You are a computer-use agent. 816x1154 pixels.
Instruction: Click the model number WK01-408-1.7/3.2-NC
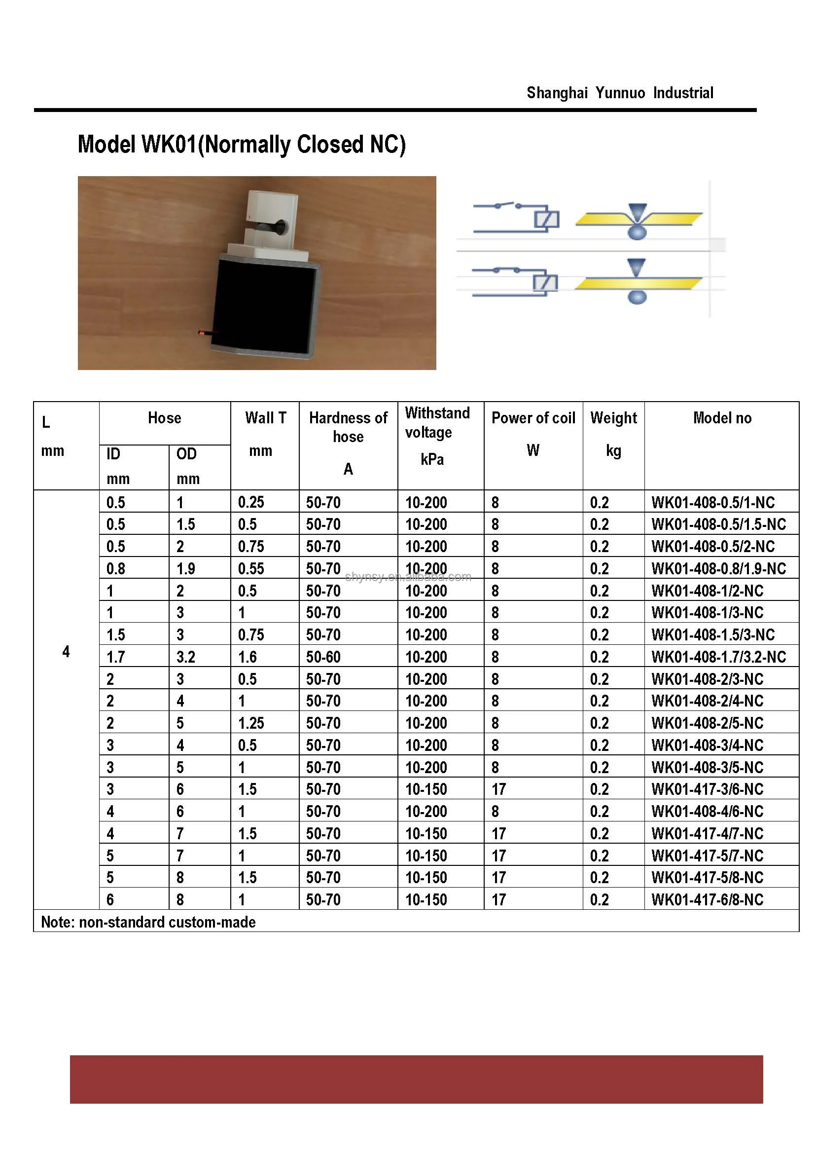[718, 657]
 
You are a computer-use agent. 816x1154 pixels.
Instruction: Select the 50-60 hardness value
[323, 657]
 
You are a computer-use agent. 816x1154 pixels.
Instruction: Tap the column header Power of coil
[533, 418]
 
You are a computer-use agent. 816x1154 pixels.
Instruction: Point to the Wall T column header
[265, 418]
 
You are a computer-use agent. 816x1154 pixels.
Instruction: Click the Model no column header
[722, 418]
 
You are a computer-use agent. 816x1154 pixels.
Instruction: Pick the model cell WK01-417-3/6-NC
[708, 789]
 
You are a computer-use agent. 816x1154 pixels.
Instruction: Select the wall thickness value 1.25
[251, 723]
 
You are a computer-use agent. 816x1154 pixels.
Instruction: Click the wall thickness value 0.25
[251, 502]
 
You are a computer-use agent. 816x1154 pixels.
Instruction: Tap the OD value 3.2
[186, 657]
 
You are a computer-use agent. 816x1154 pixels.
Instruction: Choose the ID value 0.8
[115, 569]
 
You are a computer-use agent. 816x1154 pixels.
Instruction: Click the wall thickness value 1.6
[247, 657]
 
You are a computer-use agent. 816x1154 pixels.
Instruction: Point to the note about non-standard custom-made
[148, 922]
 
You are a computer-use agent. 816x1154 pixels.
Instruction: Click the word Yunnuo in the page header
[620, 93]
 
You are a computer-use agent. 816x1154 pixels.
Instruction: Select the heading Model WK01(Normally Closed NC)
[242, 145]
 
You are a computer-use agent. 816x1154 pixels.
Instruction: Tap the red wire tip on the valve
[202, 333]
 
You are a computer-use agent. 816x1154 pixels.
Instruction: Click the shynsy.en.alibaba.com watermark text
[408, 577]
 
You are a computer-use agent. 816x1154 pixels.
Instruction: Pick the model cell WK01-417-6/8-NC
[708, 899]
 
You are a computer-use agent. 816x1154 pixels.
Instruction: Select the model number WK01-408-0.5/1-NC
[713, 502]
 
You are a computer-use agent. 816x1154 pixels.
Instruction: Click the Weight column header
[613, 418]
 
